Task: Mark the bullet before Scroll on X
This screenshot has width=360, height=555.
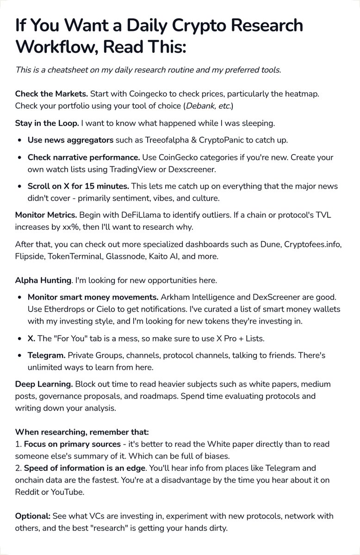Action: coord(19,186)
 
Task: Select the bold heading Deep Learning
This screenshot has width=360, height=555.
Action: coord(43,384)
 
